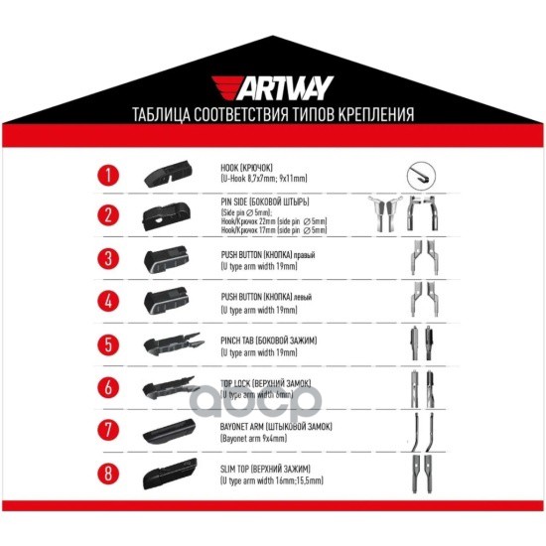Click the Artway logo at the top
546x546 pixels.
point(273,87)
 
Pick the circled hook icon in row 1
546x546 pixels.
point(421,177)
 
